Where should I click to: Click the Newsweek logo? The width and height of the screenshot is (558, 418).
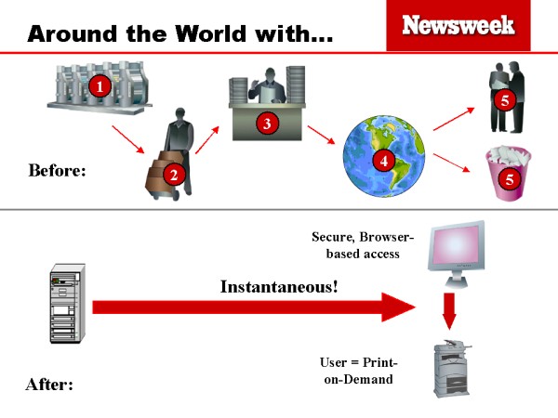click(x=458, y=25)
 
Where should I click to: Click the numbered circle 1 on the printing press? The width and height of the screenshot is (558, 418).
click(x=100, y=86)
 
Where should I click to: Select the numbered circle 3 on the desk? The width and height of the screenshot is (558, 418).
click(x=266, y=124)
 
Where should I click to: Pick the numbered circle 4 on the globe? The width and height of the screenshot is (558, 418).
click(x=379, y=160)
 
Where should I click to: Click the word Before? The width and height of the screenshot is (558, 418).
click(x=57, y=170)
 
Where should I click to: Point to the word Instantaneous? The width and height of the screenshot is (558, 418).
click(x=279, y=286)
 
